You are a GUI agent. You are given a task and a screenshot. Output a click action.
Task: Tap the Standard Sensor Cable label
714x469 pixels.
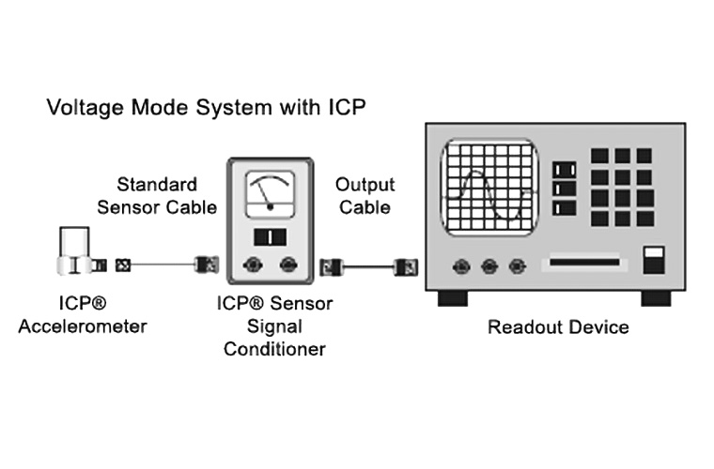tap(157, 195)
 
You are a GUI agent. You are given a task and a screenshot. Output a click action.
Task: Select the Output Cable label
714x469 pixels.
tap(365, 195)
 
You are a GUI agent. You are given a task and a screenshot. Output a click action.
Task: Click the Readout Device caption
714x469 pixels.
tap(558, 327)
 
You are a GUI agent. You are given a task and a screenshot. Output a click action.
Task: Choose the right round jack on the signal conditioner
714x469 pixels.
tap(288, 265)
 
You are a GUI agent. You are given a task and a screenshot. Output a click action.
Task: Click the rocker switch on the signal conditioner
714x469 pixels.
tap(270, 235)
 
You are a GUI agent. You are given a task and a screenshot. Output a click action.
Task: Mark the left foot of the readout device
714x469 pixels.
tap(453, 297)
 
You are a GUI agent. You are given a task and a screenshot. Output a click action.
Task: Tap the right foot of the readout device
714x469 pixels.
tap(655, 297)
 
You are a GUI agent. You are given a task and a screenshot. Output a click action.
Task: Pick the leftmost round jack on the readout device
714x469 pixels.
tap(460, 266)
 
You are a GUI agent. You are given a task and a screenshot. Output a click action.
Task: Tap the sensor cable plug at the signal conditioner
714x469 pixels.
tap(205, 265)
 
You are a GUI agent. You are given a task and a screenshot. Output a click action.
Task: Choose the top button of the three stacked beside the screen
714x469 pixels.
tap(566, 170)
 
